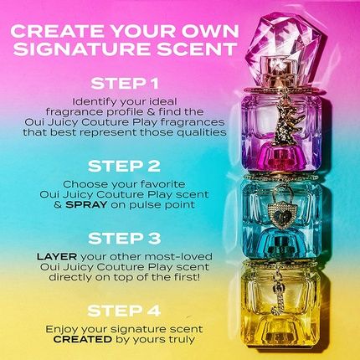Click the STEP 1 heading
pyautogui.click(x=125, y=84)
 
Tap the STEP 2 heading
pyautogui.click(x=125, y=166)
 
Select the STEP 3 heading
pyautogui.click(x=125, y=239)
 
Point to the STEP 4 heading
pyautogui.click(x=125, y=311)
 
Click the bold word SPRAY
pyautogui.click(x=86, y=204)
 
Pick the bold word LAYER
pyautogui.click(x=57, y=256)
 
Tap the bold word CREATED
pyautogui.click(x=83, y=339)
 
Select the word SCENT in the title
pyautogui.click(x=195, y=49)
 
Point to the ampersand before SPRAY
pyautogui.click(x=58, y=204)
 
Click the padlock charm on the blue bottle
pyautogui.click(x=280, y=208)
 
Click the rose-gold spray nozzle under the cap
pyautogui.click(x=280, y=69)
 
